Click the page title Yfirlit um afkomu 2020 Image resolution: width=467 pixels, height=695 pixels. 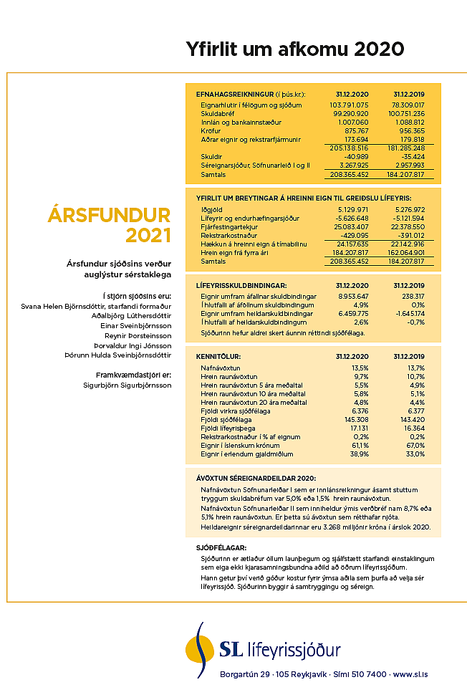click(x=294, y=49)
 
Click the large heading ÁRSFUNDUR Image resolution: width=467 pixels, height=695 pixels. click(x=110, y=215)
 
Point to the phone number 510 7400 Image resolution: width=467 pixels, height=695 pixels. click(x=371, y=674)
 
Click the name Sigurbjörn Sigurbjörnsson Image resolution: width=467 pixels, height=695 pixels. click(x=127, y=385)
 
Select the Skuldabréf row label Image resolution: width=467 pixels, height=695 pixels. click(x=217, y=114)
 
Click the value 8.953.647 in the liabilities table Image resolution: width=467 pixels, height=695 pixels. click(x=352, y=296)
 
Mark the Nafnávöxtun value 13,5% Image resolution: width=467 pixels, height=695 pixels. click(x=358, y=368)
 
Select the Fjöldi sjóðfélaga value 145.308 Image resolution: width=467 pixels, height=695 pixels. click(x=355, y=418)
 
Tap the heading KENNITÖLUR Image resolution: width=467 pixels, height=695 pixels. click(x=218, y=356)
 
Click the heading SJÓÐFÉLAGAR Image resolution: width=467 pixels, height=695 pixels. click(x=216, y=547)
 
